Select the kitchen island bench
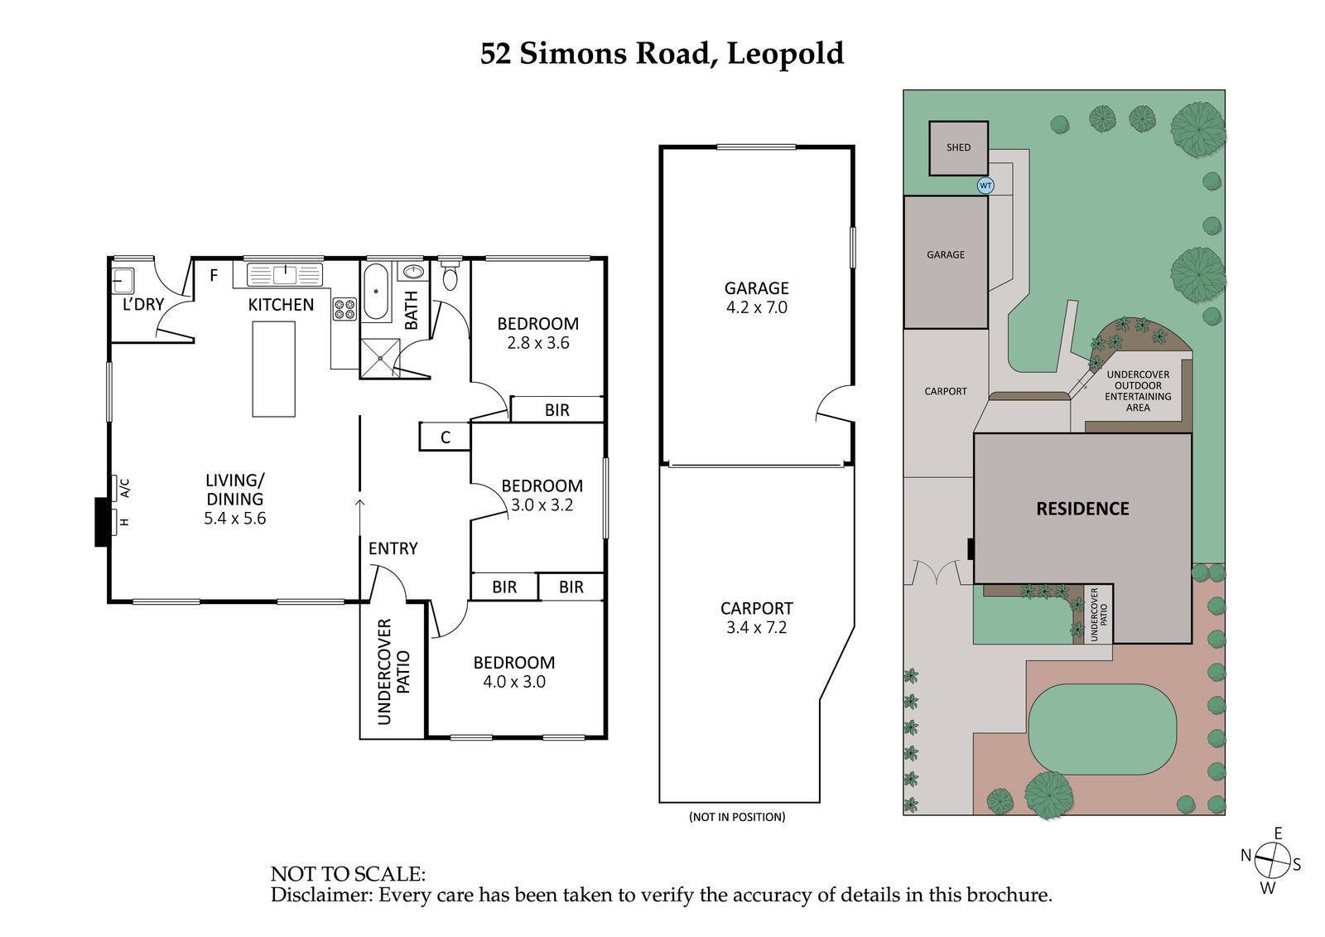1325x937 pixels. coord(273,369)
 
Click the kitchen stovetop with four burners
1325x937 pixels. coord(344,309)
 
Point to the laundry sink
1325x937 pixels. coord(123,280)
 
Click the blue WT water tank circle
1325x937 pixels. coord(985,186)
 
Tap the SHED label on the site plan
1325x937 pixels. coord(958,147)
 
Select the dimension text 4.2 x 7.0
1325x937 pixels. coord(756,307)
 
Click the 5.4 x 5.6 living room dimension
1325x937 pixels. coord(234,519)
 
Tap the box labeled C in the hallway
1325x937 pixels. coord(445,437)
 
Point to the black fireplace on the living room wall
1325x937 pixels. coord(103,522)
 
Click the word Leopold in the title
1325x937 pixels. coord(785,54)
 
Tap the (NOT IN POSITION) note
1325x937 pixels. coord(736,817)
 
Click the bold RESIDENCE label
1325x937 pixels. coord(1082,509)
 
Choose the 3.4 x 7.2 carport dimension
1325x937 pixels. coord(756,627)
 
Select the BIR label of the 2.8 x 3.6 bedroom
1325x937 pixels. coord(556,409)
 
